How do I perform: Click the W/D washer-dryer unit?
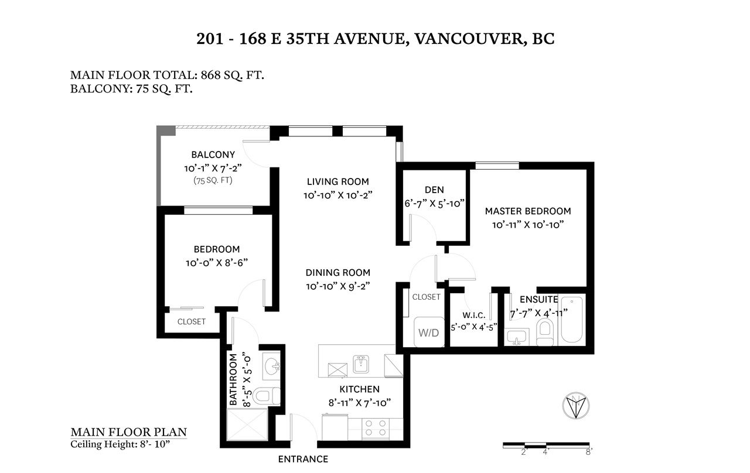point(429,332)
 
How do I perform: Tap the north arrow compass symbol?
point(576,406)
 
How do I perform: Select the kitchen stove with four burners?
point(376,429)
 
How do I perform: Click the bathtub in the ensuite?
point(572,320)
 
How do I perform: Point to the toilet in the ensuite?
point(545,332)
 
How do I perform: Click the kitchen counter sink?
point(361,364)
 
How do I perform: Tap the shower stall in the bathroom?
point(247,424)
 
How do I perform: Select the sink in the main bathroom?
point(271,366)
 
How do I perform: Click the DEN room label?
point(434,190)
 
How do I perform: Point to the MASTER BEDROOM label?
point(528,211)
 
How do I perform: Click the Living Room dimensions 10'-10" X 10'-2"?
point(338,196)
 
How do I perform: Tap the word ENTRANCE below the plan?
point(303,460)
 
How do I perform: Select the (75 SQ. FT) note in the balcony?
point(213,181)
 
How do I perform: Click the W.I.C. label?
point(474,315)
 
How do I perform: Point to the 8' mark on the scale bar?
point(589,452)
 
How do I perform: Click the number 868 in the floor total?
point(210,75)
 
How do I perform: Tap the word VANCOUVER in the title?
point(469,39)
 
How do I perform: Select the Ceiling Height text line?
point(120,444)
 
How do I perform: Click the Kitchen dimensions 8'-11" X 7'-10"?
point(360,403)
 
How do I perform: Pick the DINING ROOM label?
point(338,273)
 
